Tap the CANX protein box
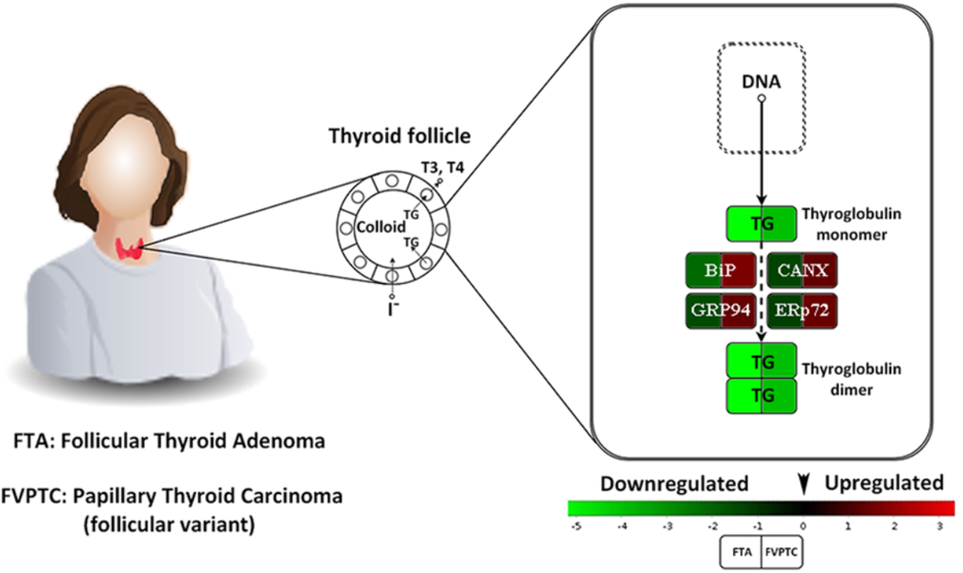click(803, 270)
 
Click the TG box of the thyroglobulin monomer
click(761, 224)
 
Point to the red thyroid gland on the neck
click(130, 250)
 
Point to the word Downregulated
click(673, 483)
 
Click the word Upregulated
click(884, 483)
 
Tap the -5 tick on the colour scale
click(575, 525)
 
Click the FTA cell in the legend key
click(741, 550)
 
